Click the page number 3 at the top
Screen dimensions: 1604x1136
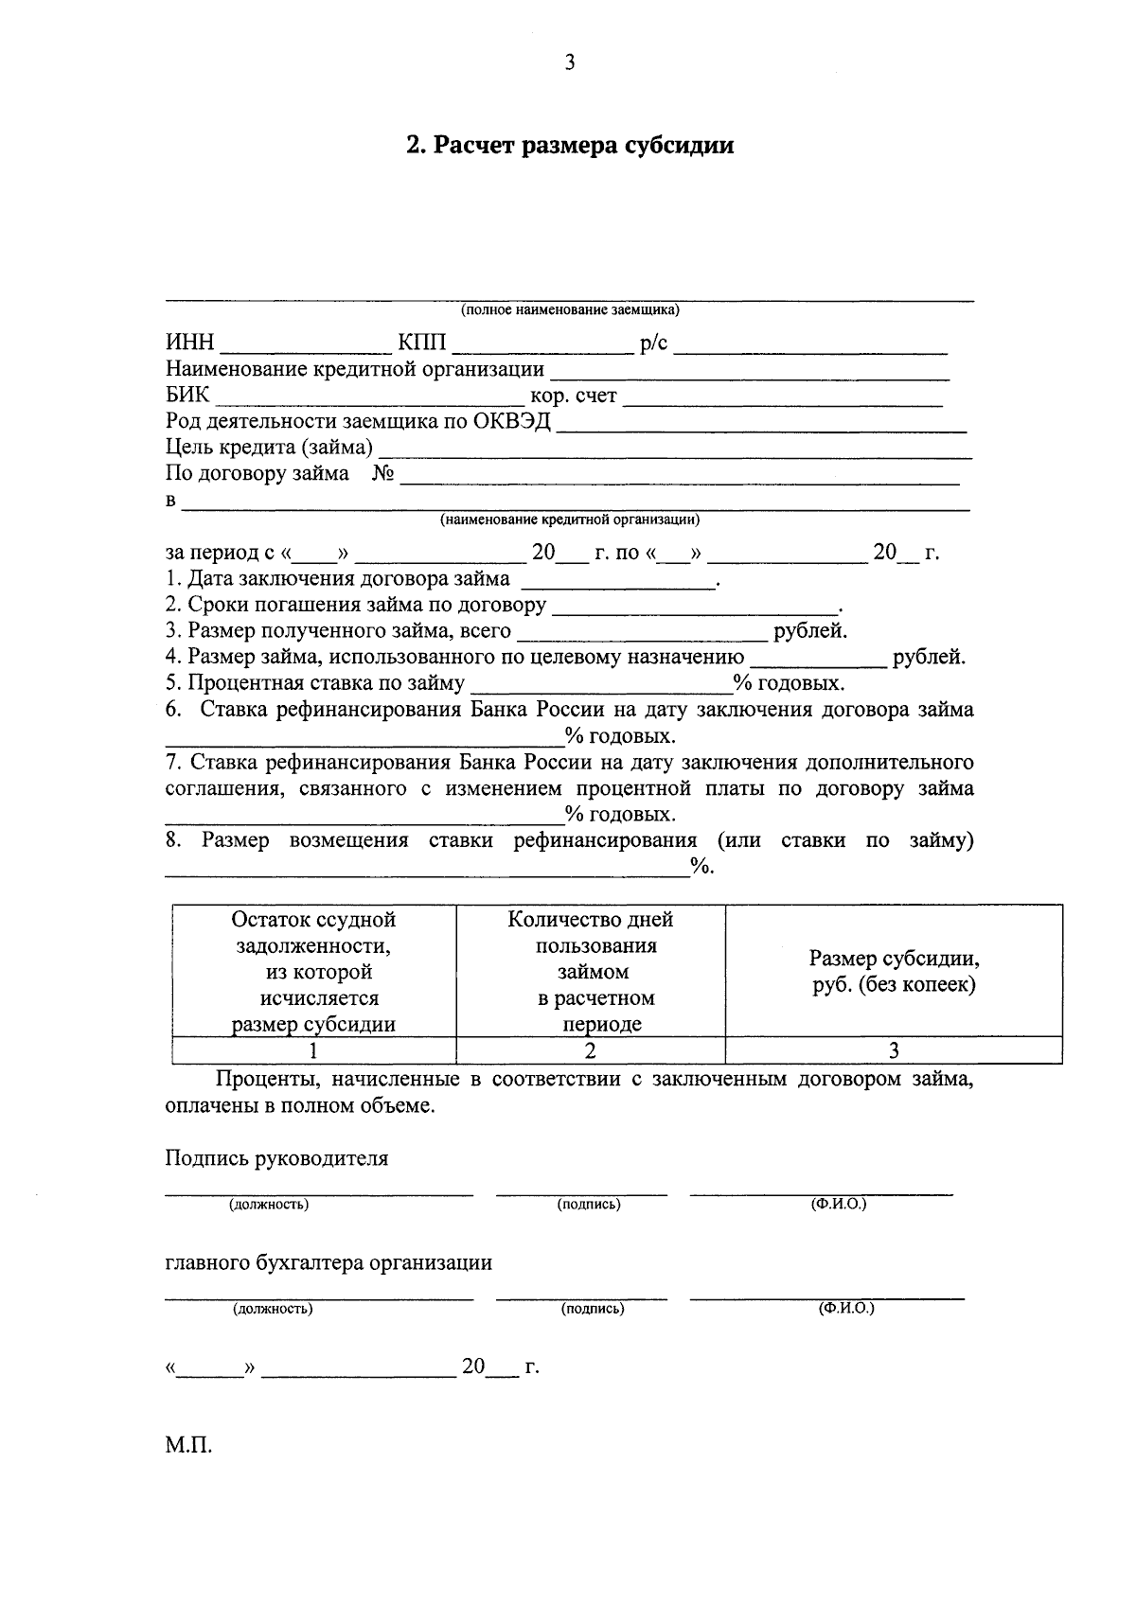569,63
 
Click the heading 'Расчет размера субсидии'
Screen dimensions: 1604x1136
570,147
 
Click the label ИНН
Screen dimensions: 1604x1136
190,344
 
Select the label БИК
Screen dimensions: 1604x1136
187,396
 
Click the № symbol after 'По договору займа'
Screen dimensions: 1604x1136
382,473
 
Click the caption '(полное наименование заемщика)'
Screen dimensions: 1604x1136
570,310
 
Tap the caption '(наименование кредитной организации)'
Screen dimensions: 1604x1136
570,520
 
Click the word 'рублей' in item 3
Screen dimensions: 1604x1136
810,631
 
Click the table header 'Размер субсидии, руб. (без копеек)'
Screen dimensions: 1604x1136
894,972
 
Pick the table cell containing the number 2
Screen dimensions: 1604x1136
591,1050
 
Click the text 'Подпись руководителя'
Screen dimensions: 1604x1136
276,1158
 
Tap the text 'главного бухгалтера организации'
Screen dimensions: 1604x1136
328,1263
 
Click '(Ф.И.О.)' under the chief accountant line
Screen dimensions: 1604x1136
846,1309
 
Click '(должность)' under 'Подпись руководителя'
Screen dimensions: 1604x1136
269,1205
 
